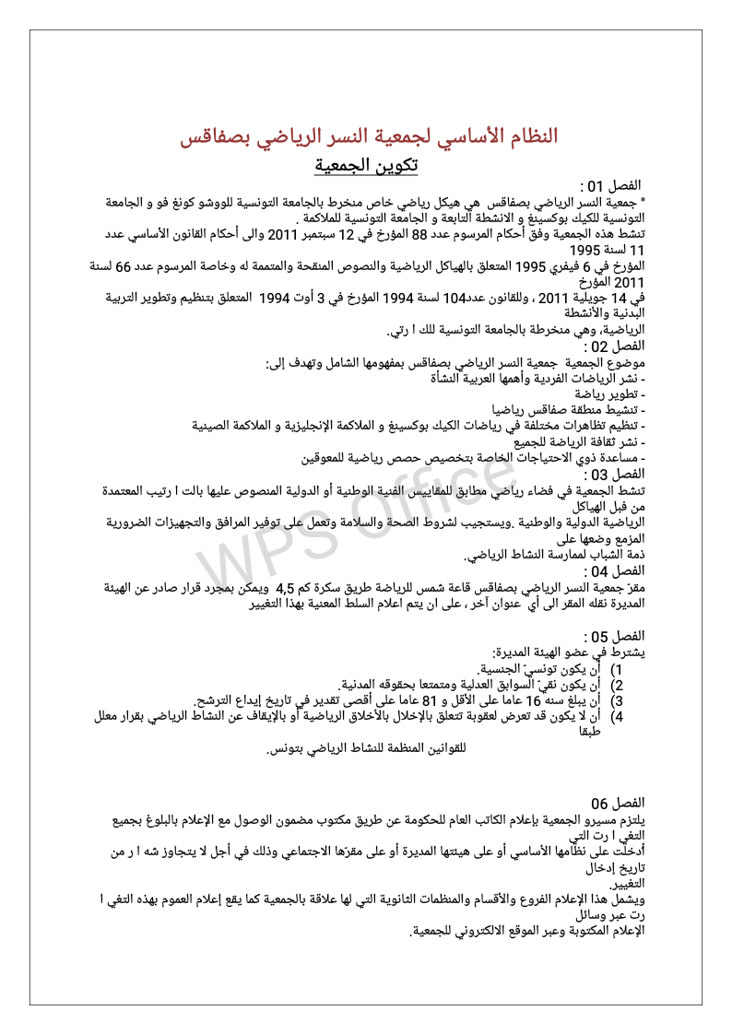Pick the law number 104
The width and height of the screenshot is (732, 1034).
coord(455,299)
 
